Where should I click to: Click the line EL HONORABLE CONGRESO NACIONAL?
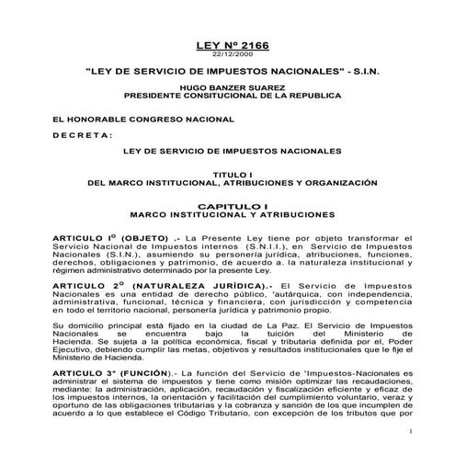[x=119, y=119]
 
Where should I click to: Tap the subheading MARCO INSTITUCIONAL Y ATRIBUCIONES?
[x=227, y=215]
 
